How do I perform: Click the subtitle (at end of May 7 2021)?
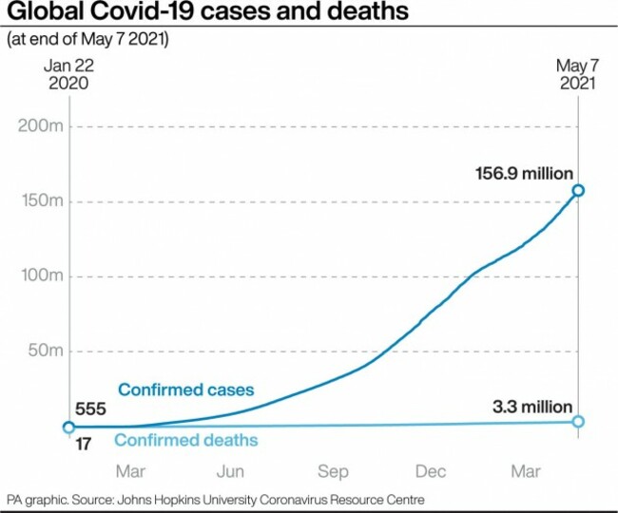[x=87, y=40]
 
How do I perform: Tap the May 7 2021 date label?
[x=577, y=74]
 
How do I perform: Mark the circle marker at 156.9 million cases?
[x=577, y=191]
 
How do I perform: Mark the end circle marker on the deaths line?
[x=577, y=422]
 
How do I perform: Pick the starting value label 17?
[x=84, y=443]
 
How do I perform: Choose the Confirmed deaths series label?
[x=186, y=440]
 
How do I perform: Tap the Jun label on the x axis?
[x=231, y=471]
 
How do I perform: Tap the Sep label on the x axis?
[x=332, y=471]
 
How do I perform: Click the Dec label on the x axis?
[x=431, y=471]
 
